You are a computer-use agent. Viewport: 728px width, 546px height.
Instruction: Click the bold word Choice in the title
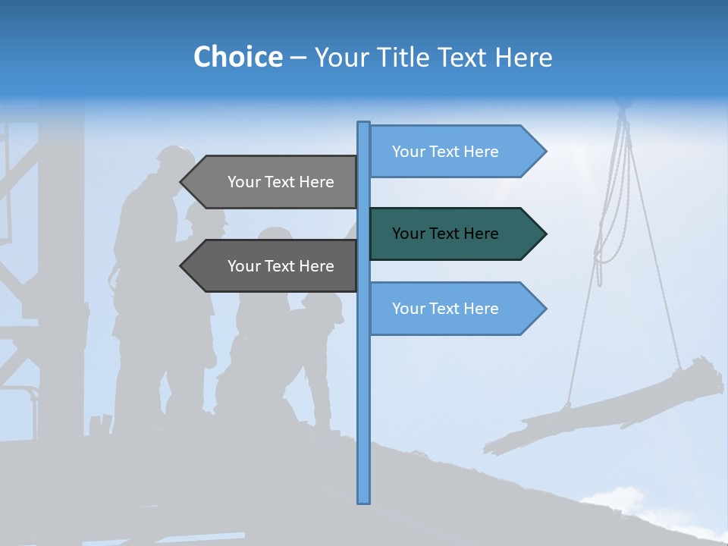pyautogui.click(x=237, y=57)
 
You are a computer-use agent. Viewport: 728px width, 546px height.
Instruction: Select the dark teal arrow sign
pyautogui.click(x=455, y=234)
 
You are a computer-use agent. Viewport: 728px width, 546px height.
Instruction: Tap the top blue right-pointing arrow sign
pyautogui.click(x=455, y=151)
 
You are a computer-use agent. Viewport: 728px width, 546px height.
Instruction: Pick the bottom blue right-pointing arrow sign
pyautogui.click(x=455, y=308)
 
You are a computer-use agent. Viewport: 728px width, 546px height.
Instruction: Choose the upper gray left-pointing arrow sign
pyautogui.click(x=273, y=182)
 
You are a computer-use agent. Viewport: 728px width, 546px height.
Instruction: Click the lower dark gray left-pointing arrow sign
pyautogui.click(x=273, y=266)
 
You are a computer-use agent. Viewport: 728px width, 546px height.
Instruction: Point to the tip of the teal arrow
pyautogui.click(x=544, y=234)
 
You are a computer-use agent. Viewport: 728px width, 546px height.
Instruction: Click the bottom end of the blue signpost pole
pyautogui.click(x=363, y=500)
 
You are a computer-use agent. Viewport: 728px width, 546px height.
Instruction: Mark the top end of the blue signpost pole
pyautogui.click(x=363, y=124)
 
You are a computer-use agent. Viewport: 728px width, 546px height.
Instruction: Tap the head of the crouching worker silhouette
pyautogui.click(x=328, y=305)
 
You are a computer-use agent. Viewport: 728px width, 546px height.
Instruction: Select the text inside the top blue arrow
pyautogui.click(x=445, y=151)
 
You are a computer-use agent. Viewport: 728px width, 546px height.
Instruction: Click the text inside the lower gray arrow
pyautogui.click(x=281, y=266)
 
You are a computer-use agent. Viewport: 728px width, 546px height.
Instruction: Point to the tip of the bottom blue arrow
pyautogui.click(x=544, y=308)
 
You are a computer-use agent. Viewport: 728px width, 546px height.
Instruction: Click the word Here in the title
pyautogui.click(x=523, y=57)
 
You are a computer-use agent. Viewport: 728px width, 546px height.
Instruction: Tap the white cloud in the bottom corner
pyautogui.click(x=618, y=497)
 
